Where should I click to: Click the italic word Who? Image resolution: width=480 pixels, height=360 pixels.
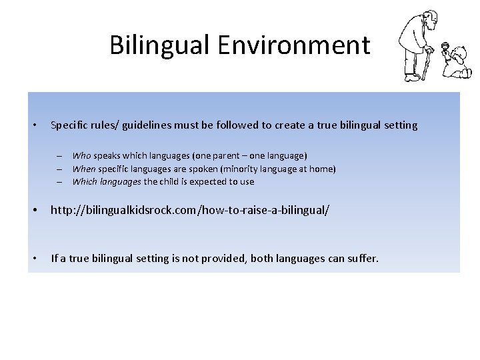[x=82, y=156]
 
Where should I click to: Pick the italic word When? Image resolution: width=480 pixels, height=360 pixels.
[x=84, y=169]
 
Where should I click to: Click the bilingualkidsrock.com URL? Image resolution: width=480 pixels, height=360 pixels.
[x=190, y=211]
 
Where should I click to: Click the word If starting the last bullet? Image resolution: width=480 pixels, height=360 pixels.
[x=55, y=258]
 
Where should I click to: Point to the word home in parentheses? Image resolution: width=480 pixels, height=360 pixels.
[x=320, y=169]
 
